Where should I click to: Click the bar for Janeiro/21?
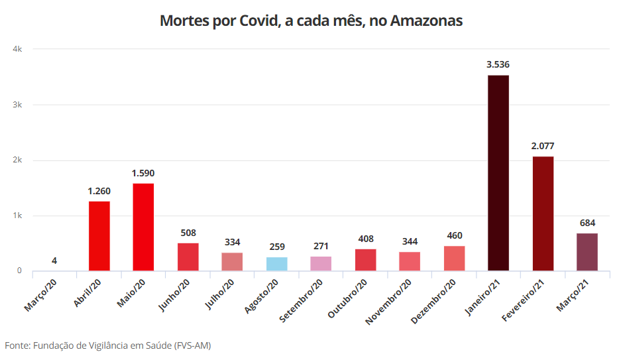click(x=498, y=173)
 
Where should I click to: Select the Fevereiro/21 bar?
click(x=542, y=213)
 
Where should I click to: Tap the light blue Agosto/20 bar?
click(x=276, y=264)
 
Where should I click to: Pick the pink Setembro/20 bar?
click(x=321, y=263)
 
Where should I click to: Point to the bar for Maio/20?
click(x=143, y=227)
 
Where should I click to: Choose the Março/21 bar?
click(x=587, y=252)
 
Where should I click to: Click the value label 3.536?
click(x=498, y=64)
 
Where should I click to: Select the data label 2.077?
click(x=542, y=146)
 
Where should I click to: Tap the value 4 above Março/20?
click(x=54, y=261)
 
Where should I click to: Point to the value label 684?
click(x=587, y=223)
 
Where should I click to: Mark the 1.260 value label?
click(x=99, y=191)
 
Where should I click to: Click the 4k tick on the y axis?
click(x=18, y=49)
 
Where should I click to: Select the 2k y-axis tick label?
click(x=18, y=160)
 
